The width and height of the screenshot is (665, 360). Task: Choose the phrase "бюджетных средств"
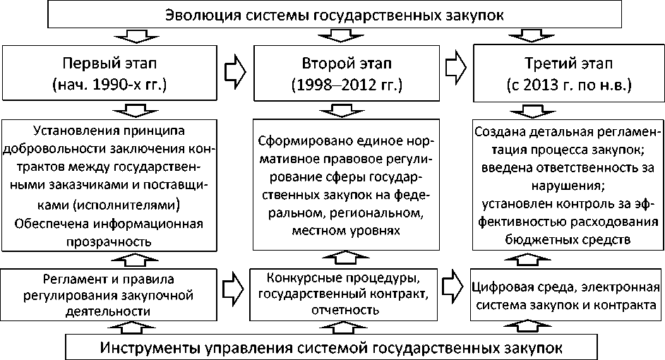pyautogui.click(x=568, y=239)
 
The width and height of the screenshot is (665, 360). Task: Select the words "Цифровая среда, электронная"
pyautogui.click(x=568, y=288)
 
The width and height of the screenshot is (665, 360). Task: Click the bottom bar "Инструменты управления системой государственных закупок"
pyautogui.click(x=332, y=349)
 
